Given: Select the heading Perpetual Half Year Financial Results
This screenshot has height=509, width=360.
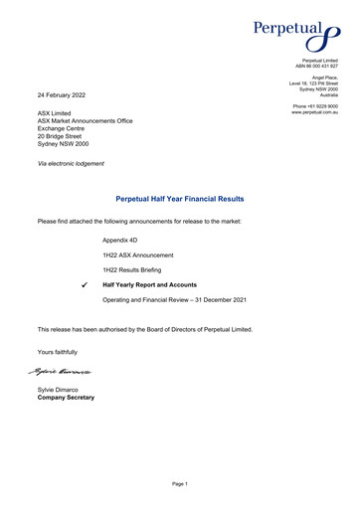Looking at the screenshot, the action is [x=180, y=199].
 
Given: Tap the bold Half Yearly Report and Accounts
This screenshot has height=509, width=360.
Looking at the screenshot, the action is [x=149, y=285].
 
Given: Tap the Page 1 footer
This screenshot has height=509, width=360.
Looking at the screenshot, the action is [x=179, y=483].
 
